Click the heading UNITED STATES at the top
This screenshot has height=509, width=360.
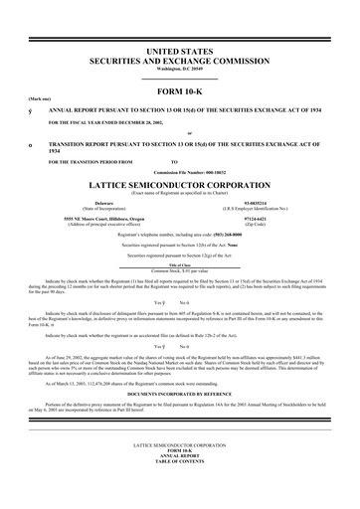tap(179, 49)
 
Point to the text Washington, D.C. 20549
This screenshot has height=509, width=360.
tap(179, 67)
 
